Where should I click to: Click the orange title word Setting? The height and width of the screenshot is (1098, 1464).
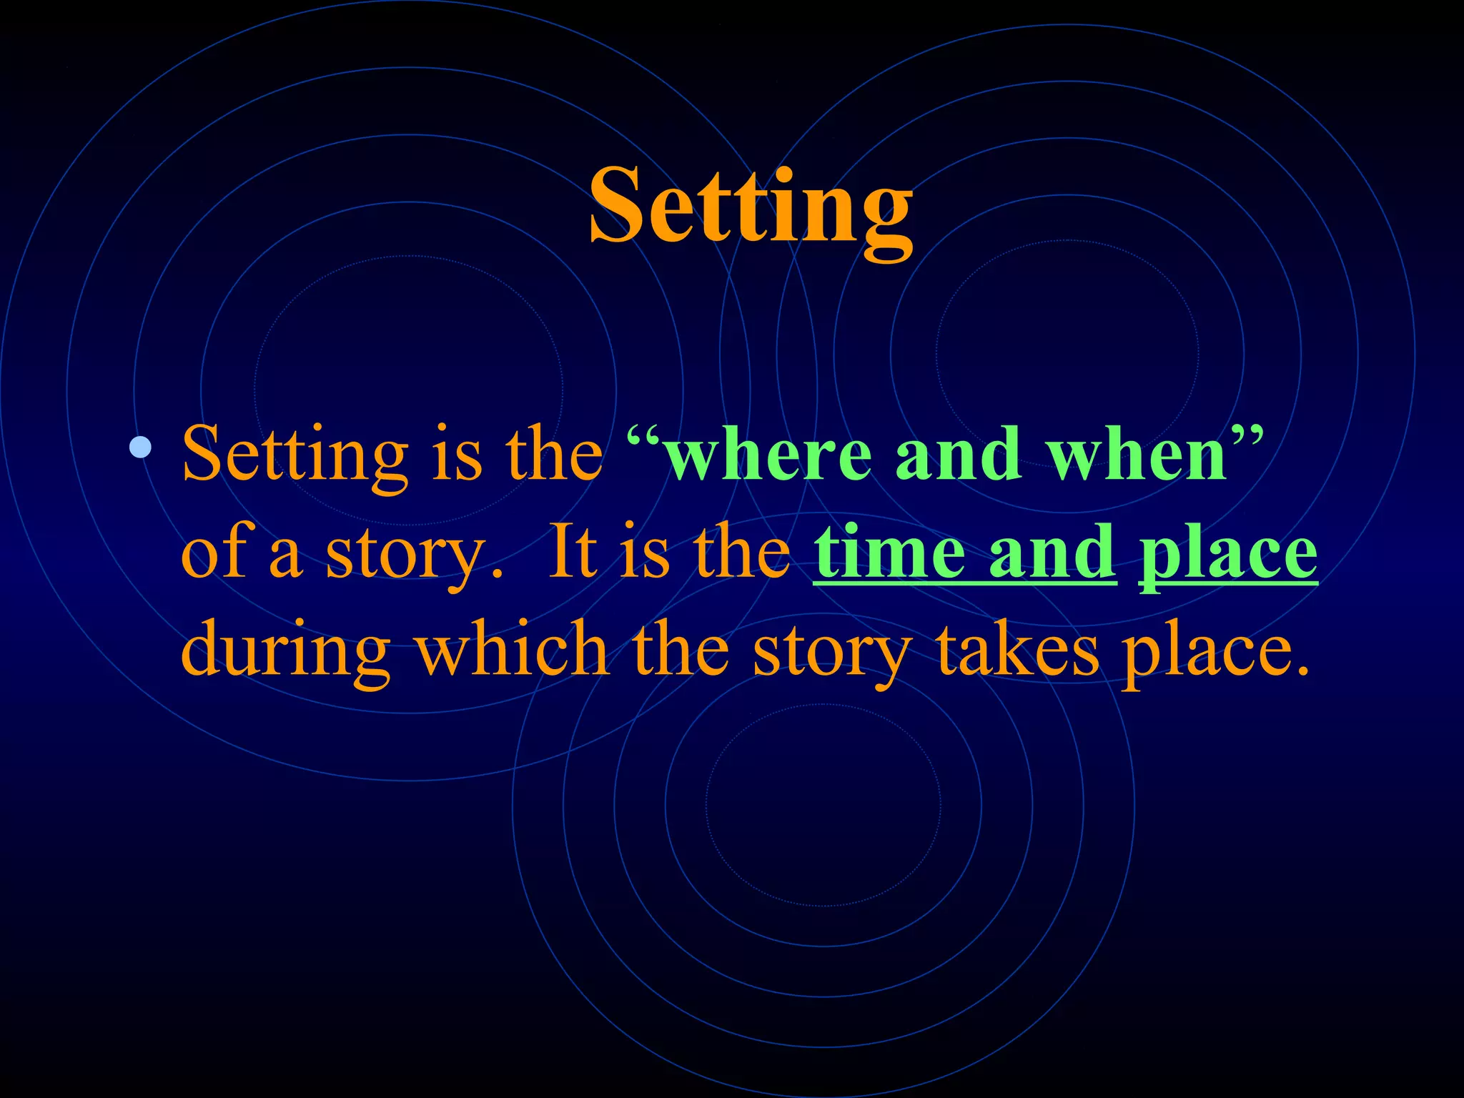[x=751, y=207]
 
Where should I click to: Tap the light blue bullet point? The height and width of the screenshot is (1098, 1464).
[x=141, y=447]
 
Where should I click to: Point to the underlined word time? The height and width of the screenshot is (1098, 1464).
[x=891, y=552]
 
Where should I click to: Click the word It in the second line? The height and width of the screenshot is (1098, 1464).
[x=572, y=552]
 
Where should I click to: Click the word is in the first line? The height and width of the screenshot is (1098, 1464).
[x=457, y=455]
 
